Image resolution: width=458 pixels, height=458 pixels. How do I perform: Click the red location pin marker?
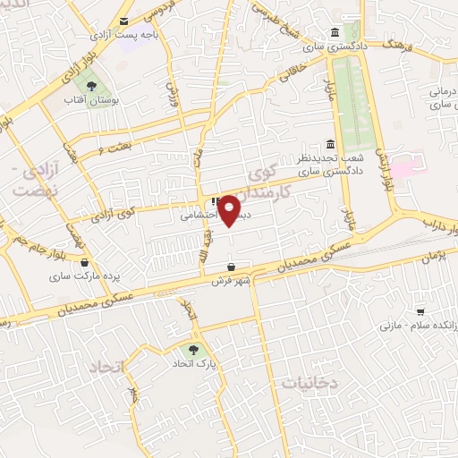point(230,210)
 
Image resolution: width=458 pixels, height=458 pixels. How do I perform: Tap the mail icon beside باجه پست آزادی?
point(124,21)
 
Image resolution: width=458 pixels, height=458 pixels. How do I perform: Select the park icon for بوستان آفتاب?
point(89,87)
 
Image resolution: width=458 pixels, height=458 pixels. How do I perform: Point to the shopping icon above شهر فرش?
point(232,267)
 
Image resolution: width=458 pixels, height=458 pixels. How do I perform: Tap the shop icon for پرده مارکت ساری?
point(85,263)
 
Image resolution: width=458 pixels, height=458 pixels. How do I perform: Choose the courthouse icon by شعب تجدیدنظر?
point(331,145)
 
